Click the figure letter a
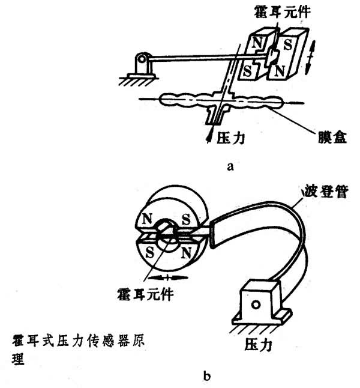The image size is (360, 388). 230,168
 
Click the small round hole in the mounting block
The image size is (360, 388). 256,305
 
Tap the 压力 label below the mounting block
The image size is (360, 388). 259,345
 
